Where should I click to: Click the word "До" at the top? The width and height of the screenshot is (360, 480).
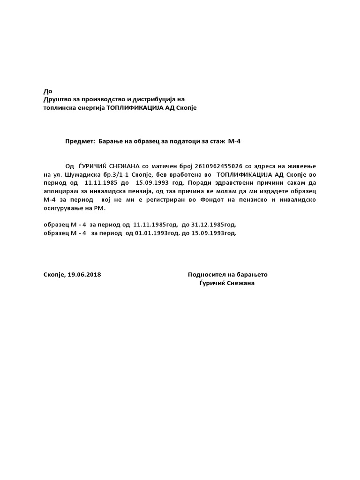click(x=48, y=91)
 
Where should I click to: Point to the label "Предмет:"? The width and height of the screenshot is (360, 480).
click(x=80, y=141)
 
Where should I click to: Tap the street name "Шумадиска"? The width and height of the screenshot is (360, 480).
click(x=76, y=175)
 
